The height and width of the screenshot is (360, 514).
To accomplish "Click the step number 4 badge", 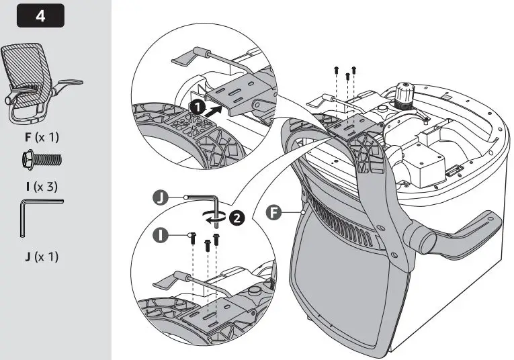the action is coord(40,15).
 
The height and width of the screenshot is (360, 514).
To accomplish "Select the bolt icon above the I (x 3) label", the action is coord(42,160).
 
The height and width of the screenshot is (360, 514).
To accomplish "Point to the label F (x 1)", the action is coord(42,137).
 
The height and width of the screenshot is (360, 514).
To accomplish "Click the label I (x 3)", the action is coord(42,187).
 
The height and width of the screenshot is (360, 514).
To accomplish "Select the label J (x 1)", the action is coord(42,257).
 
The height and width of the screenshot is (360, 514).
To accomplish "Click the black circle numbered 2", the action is coord(237,218).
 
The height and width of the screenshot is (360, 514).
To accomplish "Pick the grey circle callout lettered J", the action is coord(161,198).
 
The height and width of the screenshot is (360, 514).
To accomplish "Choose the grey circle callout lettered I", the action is coord(161,236).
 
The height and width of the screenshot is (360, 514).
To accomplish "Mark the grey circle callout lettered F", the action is coord(273,213).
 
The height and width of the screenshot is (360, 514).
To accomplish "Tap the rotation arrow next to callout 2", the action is coord(215,216).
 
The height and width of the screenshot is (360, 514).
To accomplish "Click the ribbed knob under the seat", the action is coord(404,95).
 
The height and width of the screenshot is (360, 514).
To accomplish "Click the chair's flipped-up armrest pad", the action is coord(459,233).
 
